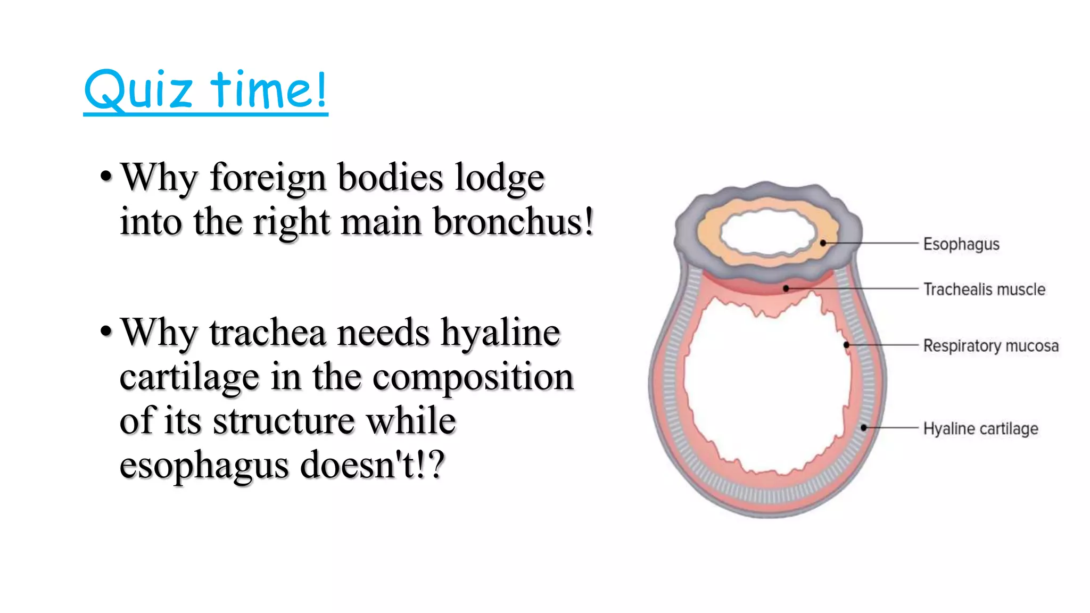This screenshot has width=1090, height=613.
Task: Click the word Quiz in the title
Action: [x=138, y=90]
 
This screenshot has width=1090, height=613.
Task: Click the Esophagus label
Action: [x=961, y=244]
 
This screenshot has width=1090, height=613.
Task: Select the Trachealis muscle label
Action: [x=984, y=289]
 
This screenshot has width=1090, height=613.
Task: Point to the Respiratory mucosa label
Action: [x=990, y=346]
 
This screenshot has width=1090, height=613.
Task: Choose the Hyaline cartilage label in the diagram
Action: [x=980, y=428]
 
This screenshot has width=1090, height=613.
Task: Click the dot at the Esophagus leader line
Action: [x=823, y=243]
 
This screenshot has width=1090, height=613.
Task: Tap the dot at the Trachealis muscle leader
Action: [x=786, y=288]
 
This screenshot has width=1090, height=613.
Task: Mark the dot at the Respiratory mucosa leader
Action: [x=847, y=345]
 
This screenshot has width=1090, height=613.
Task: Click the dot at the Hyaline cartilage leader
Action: [x=864, y=427]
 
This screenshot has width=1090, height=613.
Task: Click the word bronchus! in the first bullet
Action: [x=513, y=221]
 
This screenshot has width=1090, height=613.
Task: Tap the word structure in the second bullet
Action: [x=284, y=421]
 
